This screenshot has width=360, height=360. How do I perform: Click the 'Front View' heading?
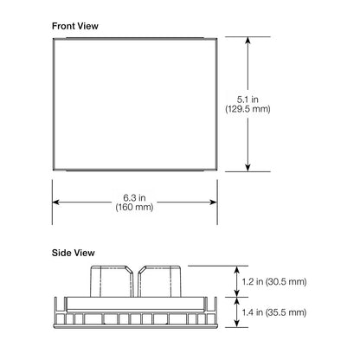75,26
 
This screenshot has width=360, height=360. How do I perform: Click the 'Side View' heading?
74,253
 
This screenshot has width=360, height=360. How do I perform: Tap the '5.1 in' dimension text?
247,100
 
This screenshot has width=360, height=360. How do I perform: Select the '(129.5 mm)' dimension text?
247,109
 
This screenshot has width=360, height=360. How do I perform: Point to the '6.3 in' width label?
134,197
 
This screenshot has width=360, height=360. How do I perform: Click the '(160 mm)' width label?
134,207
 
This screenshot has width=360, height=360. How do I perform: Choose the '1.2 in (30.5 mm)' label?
274,281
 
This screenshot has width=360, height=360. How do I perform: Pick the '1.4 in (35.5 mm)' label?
274,312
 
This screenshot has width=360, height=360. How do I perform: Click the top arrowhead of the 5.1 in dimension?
247,41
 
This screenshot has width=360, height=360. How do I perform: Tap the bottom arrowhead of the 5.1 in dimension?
247,168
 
